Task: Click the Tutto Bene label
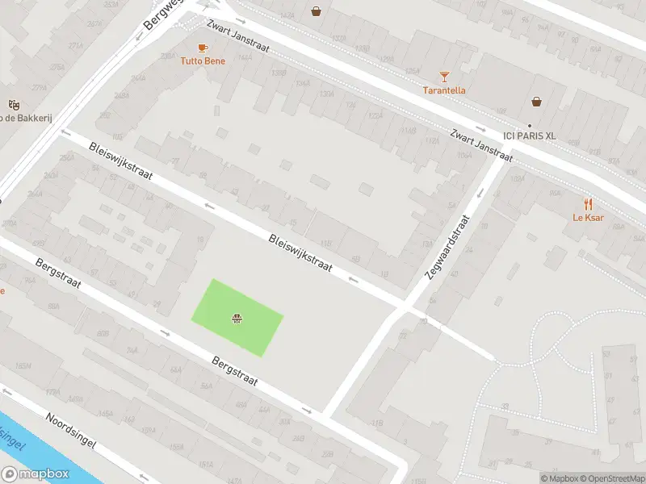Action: point(203,60)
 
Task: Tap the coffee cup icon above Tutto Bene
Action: point(203,48)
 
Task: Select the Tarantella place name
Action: point(444,90)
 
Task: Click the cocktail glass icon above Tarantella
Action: point(444,77)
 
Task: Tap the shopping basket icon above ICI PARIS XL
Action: point(536,102)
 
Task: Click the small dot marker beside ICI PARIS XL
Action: point(530,125)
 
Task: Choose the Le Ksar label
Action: point(589,217)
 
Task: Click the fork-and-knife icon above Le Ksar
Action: point(589,204)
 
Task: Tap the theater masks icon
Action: point(13,105)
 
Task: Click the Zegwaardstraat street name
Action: point(448,247)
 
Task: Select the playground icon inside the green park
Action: point(237,319)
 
